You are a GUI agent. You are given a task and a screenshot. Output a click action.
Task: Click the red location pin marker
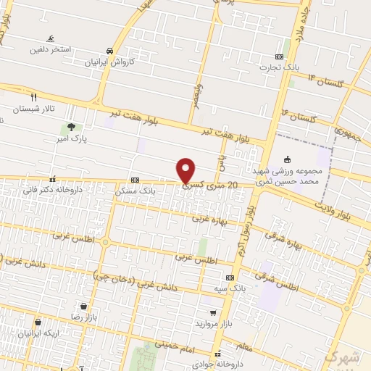(x=185, y=170)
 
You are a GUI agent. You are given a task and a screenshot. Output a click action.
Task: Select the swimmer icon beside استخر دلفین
(x=50, y=38)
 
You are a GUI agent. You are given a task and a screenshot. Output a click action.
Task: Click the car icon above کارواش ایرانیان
(x=109, y=51)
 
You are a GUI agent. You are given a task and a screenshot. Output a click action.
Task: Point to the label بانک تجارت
(x=280, y=67)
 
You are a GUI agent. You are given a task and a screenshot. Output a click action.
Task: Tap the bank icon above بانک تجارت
(x=280, y=57)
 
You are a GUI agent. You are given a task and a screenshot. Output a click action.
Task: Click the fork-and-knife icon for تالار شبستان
(x=33, y=96)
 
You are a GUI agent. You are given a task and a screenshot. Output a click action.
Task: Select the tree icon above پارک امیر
(x=70, y=128)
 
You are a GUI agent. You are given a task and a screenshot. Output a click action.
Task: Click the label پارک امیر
(x=74, y=138)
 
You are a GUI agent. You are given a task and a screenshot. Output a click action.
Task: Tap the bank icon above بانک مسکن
(x=135, y=180)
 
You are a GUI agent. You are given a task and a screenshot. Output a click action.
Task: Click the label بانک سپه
(x=229, y=288)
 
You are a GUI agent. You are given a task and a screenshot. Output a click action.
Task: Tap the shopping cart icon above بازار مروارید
(x=213, y=313)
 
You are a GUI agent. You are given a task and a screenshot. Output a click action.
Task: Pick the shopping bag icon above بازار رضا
(x=84, y=307)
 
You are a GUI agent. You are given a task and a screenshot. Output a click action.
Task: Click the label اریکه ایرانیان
(x=36, y=333)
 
